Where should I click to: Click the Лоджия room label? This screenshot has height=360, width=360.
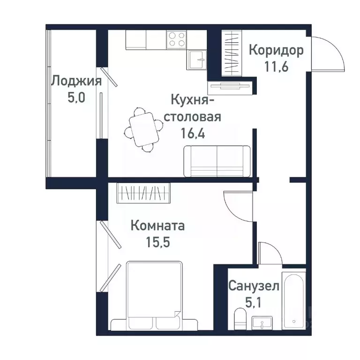pyautogui.click(x=76, y=81)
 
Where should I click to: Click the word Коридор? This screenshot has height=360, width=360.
pyautogui.click(x=276, y=50)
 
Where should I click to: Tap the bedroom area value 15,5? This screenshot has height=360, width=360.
pyautogui.click(x=157, y=243)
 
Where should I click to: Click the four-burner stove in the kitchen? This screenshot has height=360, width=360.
pyautogui.click(x=176, y=39)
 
